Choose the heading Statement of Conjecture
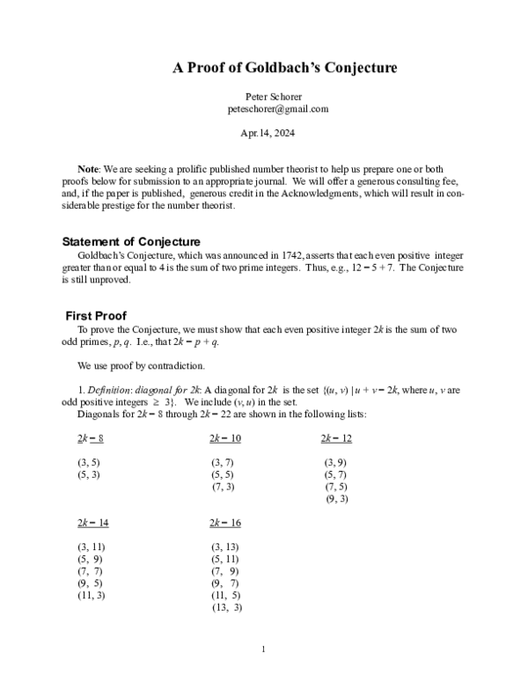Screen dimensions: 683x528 (x=131, y=242)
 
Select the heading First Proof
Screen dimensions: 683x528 (x=97, y=316)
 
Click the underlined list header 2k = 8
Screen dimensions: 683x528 (x=91, y=438)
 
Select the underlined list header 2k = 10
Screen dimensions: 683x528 (x=225, y=438)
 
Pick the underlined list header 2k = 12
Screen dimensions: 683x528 (x=336, y=438)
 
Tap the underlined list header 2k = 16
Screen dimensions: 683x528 (x=225, y=523)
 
